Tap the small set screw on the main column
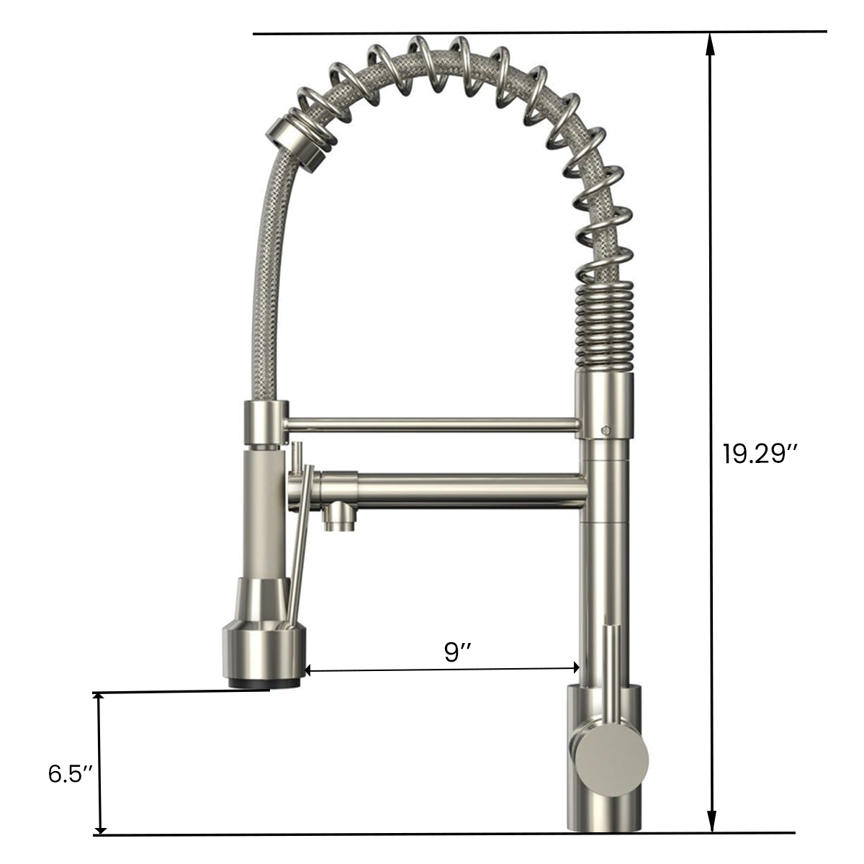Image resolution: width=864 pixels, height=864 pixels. pos(606,429)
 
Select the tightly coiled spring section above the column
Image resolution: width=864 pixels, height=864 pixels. pos(606,324)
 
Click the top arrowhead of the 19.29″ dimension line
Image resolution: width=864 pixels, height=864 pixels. pos(711,45)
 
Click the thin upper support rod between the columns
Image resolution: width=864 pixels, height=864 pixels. pos(432,425)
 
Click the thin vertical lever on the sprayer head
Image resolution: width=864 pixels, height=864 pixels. pos(298,562)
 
